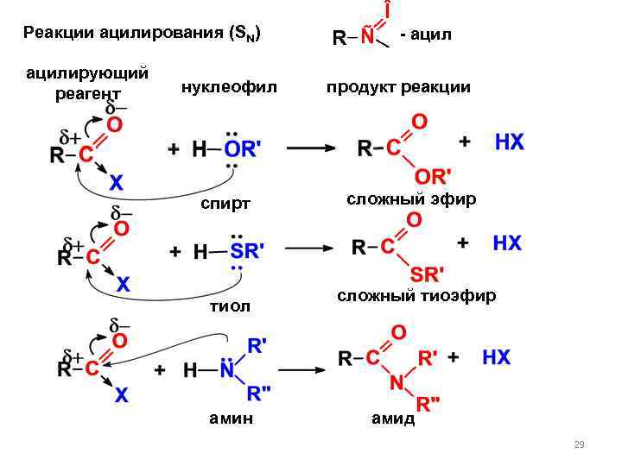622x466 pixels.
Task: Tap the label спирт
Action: coord(225,204)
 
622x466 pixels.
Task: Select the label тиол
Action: coord(230,306)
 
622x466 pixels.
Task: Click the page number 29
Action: coord(579,444)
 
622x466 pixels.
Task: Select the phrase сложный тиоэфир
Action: coord(416,296)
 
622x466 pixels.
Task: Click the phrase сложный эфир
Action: coord(411,199)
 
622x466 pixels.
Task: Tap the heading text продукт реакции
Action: coord(397,86)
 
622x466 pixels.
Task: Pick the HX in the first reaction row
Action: coord(509,142)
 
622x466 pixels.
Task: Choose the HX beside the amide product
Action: coord(496,357)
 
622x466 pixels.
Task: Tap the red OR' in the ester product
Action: coord(428,175)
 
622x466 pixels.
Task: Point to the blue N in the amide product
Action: coord(395,381)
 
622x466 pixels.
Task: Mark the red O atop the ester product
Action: coord(419,123)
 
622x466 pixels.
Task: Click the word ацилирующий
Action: coord(86,72)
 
